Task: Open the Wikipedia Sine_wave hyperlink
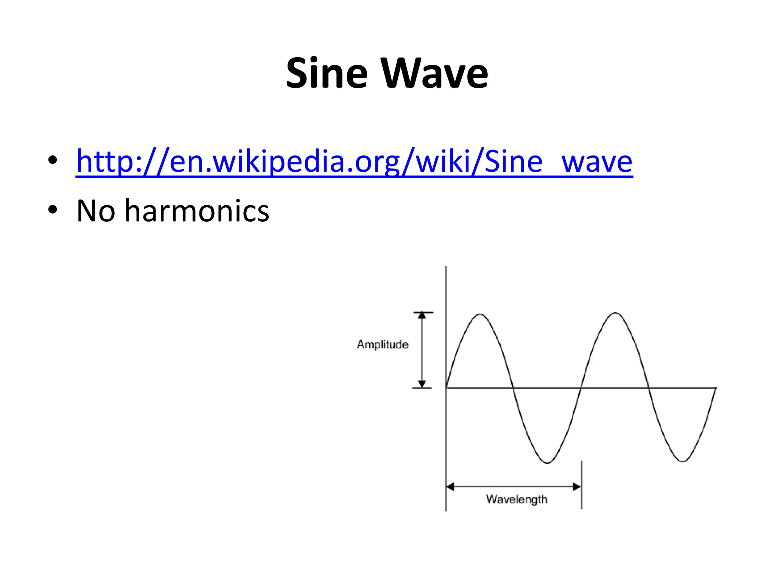pos(354,162)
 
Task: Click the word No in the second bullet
pos(96,211)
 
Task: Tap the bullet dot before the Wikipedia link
pos(53,160)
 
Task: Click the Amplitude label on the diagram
pos(383,345)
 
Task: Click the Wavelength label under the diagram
pos(517,499)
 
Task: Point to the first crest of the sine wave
pos(480,314)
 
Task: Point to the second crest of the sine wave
pos(615,313)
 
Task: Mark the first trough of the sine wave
pos(547,463)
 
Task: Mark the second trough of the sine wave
pos(682,461)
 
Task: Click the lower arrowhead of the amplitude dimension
pos(422,384)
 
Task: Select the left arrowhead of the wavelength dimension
pos(450,486)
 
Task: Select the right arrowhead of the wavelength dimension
pos(577,486)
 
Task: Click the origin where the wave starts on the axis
pos(446,388)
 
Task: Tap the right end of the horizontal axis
pos(716,388)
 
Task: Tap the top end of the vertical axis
pos(446,267)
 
